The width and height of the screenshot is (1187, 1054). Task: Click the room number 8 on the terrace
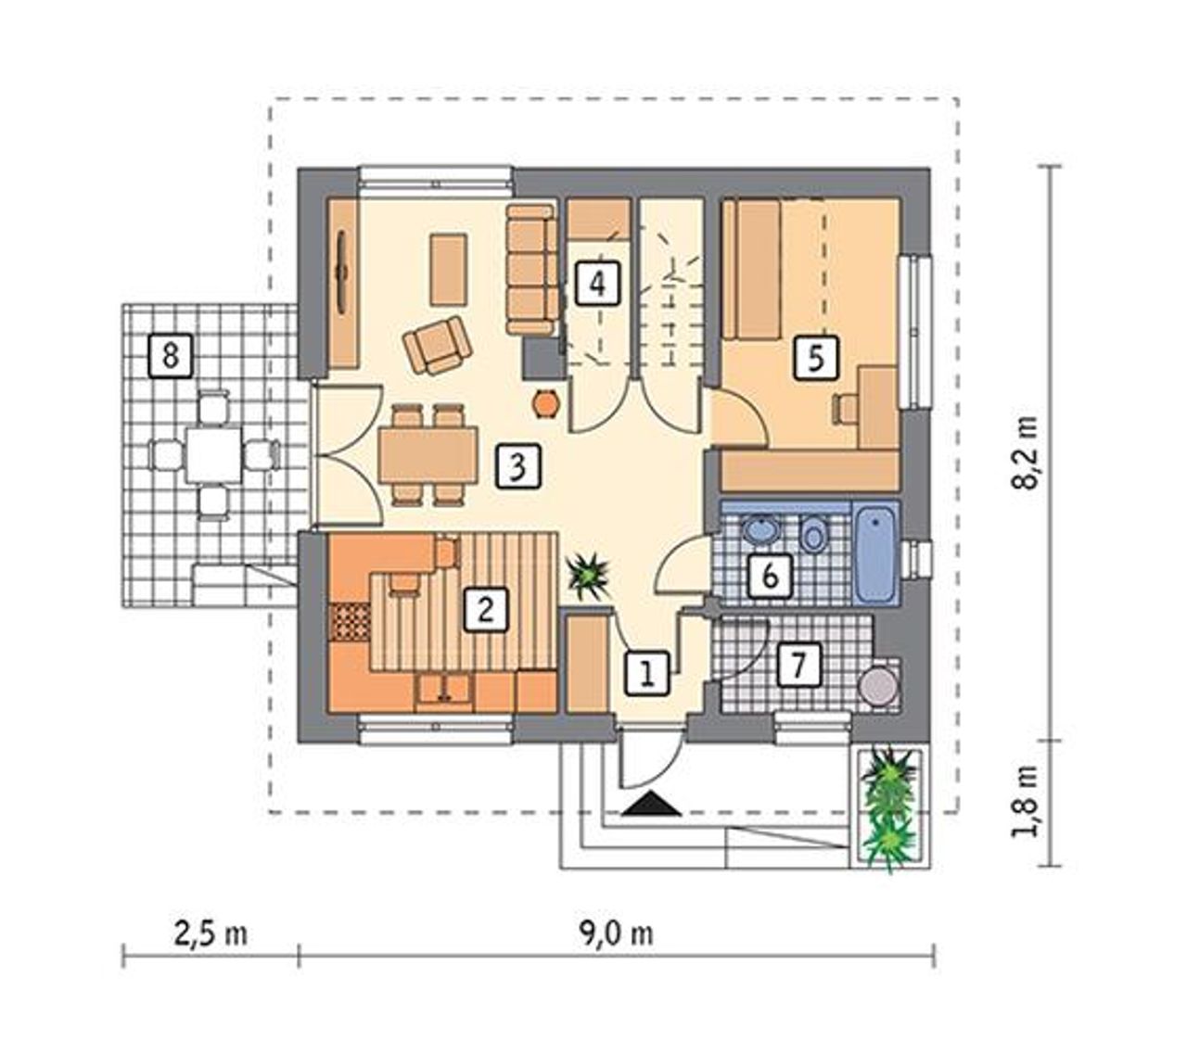pos(170,355)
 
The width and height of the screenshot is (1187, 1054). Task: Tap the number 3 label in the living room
pos(517,466)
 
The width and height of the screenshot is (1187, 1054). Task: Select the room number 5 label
pos(816,357)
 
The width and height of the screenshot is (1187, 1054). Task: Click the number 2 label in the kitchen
pos(485,609)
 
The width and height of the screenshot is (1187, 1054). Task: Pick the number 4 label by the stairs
pos(597,284)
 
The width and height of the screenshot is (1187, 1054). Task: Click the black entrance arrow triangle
pos(652,803)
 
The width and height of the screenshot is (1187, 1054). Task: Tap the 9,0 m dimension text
pos(617,933)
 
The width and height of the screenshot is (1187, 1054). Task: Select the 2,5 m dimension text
pos(211,933)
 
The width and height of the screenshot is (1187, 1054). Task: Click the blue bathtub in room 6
pos(875,554)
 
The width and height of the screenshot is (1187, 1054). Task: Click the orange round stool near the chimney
pos(545,403)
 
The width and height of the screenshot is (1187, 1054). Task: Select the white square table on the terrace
pos(214,454)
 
